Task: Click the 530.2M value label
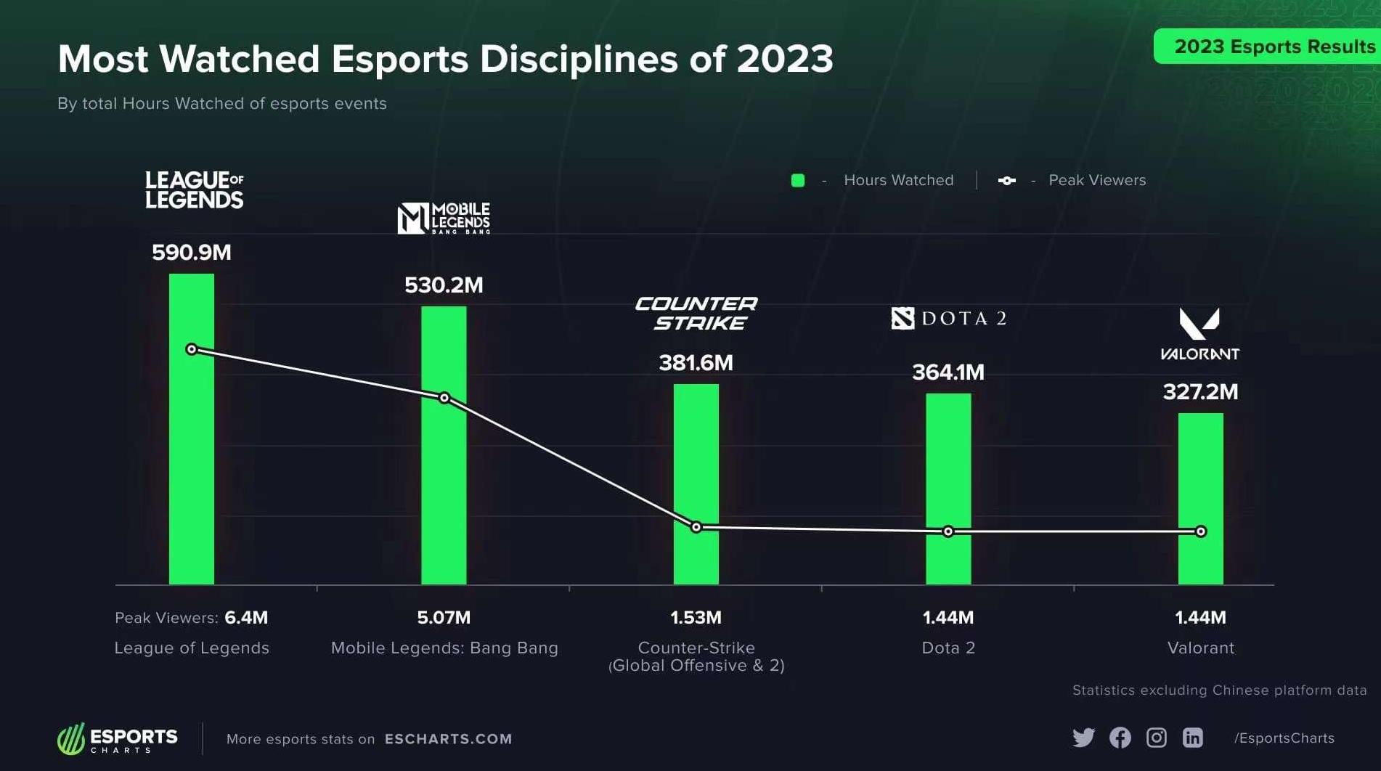[x=444, y=285]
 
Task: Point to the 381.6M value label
[x=696, y=362]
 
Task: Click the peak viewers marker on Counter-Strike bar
[x=696, y=527]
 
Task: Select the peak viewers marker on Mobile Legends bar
[x=444, y=398]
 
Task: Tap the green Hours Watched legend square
[x=798, y=181]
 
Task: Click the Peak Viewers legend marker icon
[x=1007, y=181]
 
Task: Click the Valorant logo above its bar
[x=1199, y=334]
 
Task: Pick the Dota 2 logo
[x=949, y=318]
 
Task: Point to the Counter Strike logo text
[x=696, y=313]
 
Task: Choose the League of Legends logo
[x=195, y=189]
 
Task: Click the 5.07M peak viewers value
[x=444, y=618]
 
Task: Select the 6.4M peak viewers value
[x=246, y=618]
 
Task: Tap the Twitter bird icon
[x=1083, y=738]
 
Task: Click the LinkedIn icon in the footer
[x=1192, y=738]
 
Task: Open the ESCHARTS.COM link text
[x=448, y=739]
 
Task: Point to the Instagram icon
[x=1156, y=738]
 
